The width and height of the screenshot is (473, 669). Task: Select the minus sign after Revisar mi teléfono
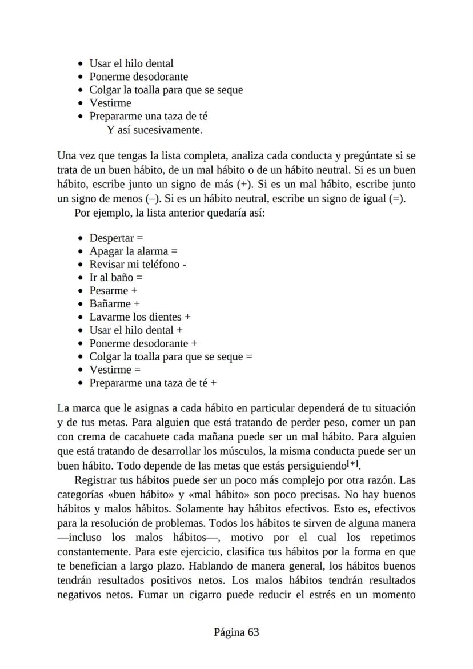(185, 265)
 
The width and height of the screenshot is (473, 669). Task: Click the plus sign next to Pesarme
(134, 291)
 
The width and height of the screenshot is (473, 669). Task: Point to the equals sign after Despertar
(140, 238)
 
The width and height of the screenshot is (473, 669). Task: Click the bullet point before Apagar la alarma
(81, 251)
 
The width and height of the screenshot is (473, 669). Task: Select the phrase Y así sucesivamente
(155, 130)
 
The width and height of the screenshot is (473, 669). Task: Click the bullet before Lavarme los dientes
(81, 317)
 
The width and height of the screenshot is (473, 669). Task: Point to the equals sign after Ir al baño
(139, 278)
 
